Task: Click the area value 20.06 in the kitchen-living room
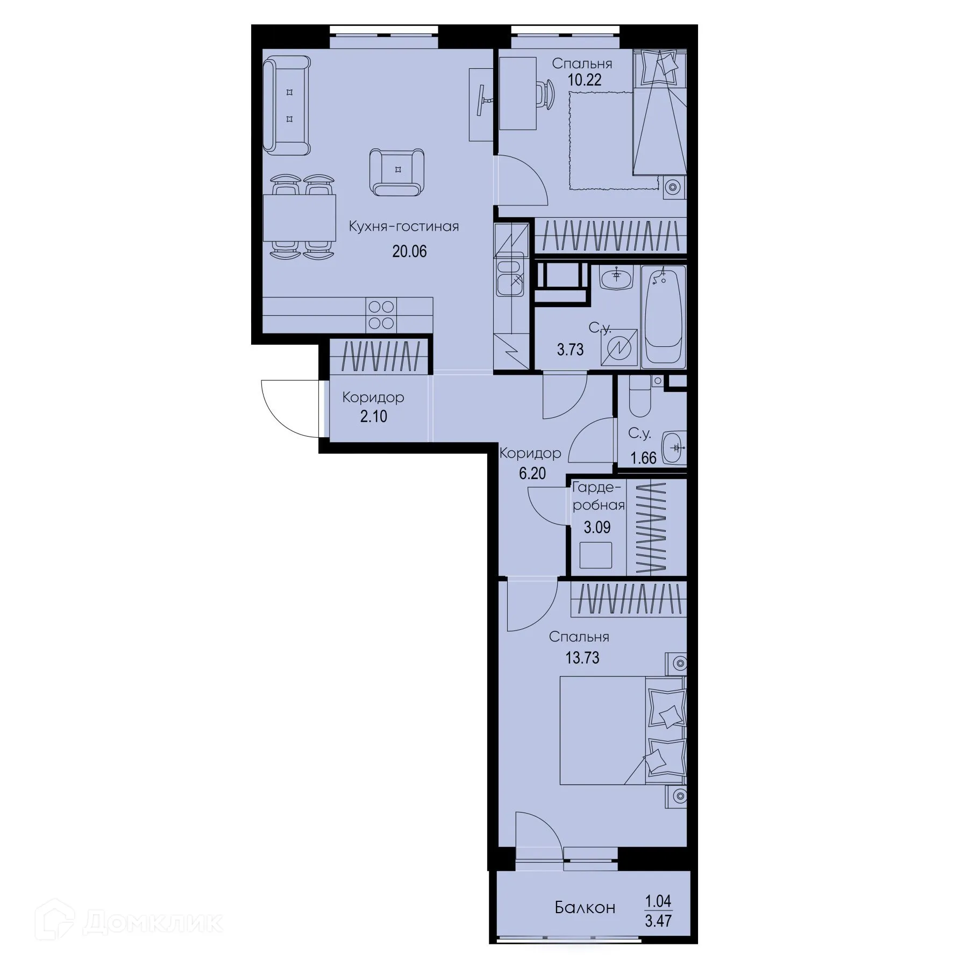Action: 409,251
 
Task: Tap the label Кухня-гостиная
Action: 403,226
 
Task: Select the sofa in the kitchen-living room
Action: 287,106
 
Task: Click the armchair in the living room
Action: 397,172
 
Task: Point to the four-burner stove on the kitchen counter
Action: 381,315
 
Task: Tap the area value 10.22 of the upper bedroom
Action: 585,80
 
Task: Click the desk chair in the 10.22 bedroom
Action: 546,94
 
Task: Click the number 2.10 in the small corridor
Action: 374,416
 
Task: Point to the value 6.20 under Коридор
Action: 532,473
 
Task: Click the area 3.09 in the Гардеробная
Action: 597,527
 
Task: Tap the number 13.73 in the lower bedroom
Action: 582,658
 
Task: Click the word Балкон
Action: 585,908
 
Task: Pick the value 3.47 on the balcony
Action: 658,921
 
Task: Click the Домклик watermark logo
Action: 129,923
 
